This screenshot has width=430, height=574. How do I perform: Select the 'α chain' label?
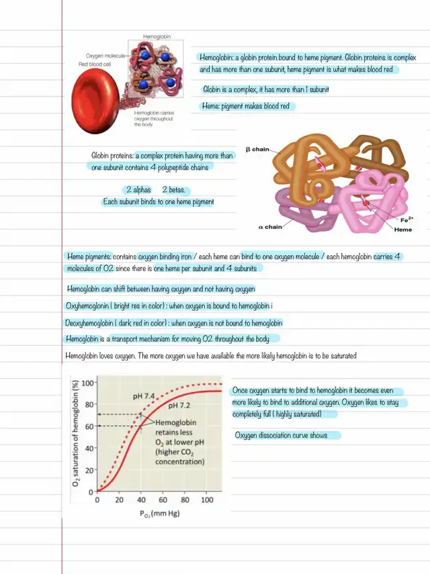click(x=270, y=227)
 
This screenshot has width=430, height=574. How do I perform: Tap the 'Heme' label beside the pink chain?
click(x=403, y=230)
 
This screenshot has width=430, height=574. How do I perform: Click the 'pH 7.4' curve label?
click(x=145, y=396)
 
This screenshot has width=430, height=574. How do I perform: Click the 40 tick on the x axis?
click(x=141, y=501)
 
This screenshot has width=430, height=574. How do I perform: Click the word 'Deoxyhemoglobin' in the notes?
click(x=93, y=322)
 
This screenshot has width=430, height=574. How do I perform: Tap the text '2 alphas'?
click(x=138, y=190)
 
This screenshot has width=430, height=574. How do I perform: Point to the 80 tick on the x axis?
click(x=185, y=501)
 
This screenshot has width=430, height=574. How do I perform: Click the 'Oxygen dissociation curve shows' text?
click(x=281, y=436)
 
